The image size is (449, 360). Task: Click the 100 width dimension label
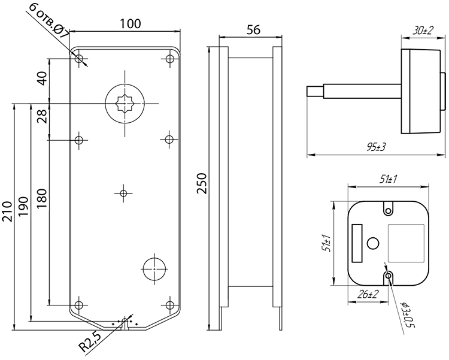click(x=131, y=23)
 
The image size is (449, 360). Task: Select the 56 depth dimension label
click(x=253, y=29)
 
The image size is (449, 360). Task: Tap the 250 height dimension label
click(x=202, y=183)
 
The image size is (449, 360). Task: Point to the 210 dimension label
click(x=7, y=211)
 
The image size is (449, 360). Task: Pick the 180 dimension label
click(x=42, y=199)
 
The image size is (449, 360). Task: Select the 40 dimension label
click(x=42, y=78)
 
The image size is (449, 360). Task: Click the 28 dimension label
click(x=42, y=116)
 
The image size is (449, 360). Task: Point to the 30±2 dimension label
click(x=423, y=31)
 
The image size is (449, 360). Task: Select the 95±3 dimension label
click(x=376, y=147)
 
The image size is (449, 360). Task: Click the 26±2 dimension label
click(x=368, y=294)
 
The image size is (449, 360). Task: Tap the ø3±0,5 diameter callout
click(x=408, y=314)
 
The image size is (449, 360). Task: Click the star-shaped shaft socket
click(x=125, y=104)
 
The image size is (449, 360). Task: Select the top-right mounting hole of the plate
click(x=170, y=59)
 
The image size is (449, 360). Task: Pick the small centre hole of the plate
click(x=123, y=193)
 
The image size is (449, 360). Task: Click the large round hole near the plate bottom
click(x=154, y=269)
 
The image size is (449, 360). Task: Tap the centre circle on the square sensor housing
click(x=373, y=243)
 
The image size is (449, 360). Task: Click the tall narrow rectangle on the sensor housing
click(x=357, y=243)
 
